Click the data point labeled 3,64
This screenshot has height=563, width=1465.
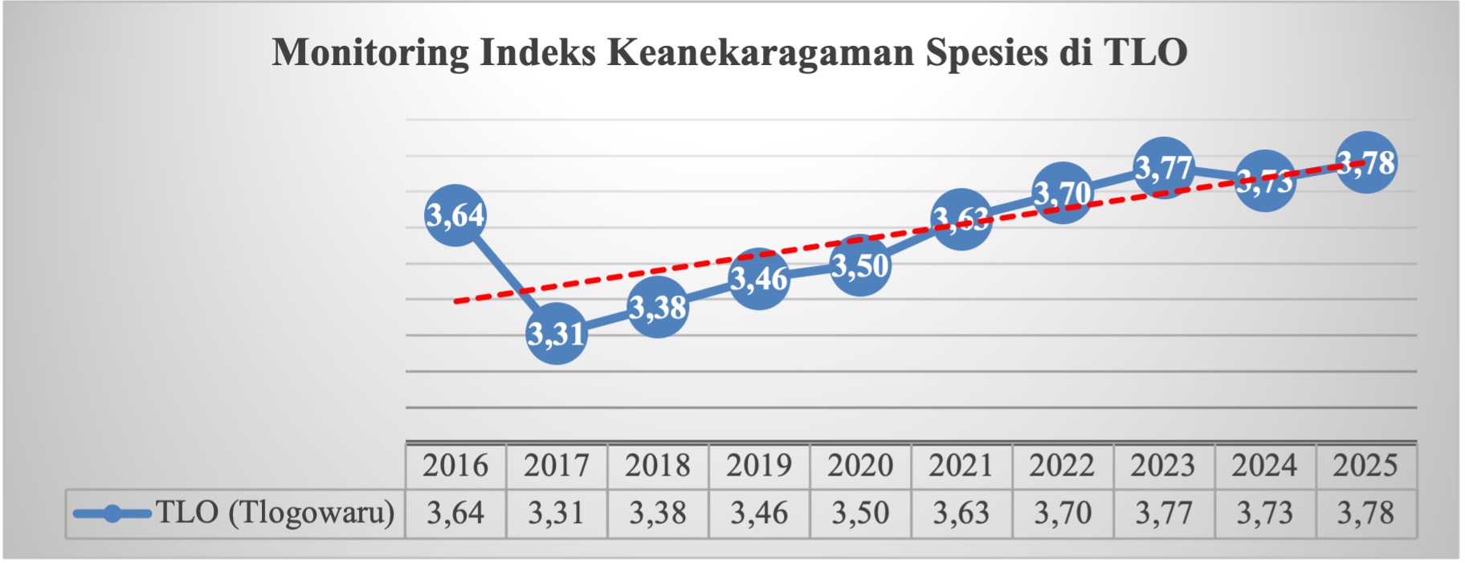(455, 215)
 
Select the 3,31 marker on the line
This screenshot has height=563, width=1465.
(557, 333)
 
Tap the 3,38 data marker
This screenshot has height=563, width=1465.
(658, 308)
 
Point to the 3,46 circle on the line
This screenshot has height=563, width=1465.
(759, 279)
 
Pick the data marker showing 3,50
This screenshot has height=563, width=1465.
(860, 266)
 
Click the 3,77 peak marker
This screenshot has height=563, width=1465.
(1164, 168)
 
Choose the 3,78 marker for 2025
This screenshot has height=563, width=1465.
(1366, 163)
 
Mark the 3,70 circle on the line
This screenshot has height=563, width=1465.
(1063, 193)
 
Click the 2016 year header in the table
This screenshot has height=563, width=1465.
(455, 466)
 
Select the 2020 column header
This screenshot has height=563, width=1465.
(860, 466)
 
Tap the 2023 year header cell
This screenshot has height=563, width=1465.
(1164, 466)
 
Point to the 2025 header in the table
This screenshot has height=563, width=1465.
(1365, 466)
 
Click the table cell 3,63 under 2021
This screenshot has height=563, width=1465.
(961, 513)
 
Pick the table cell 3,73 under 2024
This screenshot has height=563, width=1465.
(1264, 513)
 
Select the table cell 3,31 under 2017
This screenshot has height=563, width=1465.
(557, 513)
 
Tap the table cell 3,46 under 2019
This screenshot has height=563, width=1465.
(759, 513)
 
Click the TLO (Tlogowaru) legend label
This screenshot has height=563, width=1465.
(275, 512)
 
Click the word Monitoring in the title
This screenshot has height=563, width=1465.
(370, 53)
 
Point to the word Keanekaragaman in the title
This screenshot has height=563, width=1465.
(761, 53)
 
